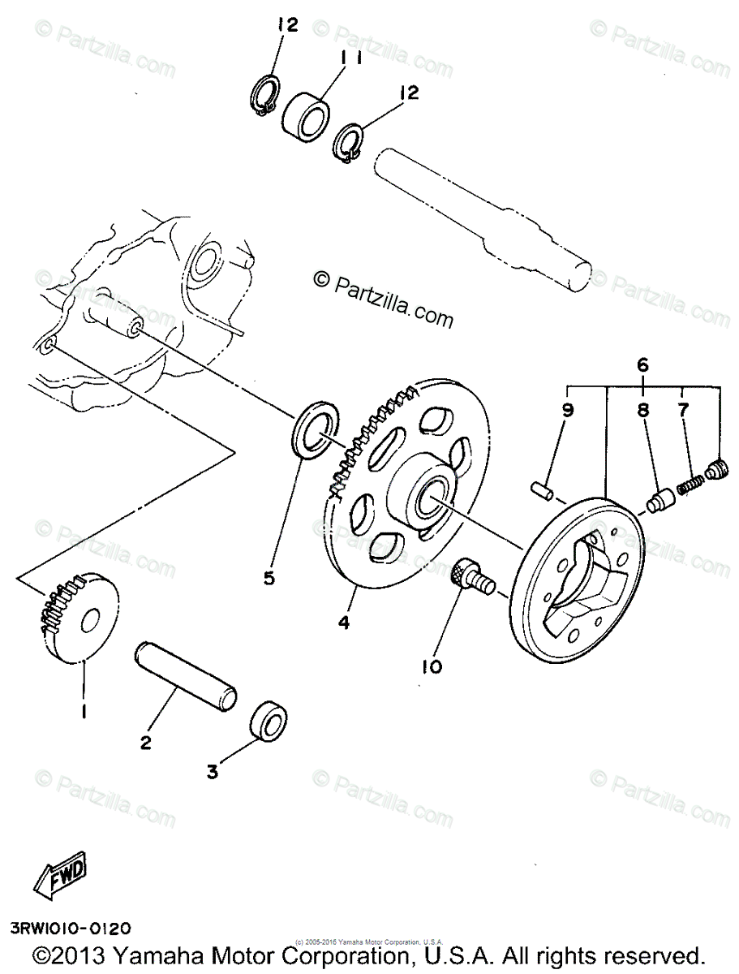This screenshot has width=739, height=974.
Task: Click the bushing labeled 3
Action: (269, 718)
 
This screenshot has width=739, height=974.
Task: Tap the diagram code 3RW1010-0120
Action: (70, 927)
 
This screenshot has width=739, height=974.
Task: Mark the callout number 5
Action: (269, 578)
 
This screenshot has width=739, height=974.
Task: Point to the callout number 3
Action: (213, 772)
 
